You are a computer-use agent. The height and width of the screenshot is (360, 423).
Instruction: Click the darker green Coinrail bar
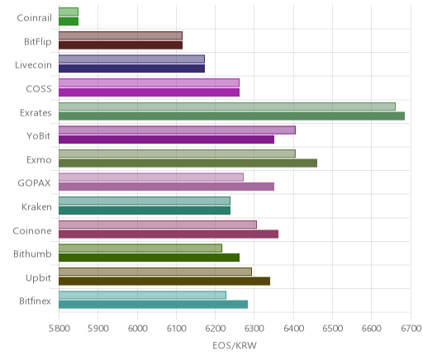pyautogui.click(x=69, y=21)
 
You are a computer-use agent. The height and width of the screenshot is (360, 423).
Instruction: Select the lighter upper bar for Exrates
pyautogui.click(x=227, y=107)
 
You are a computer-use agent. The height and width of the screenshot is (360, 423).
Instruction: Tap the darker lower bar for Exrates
pyautogui.click(x=231, y=116)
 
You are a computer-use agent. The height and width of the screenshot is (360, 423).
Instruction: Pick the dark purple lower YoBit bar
pyautogui.click(x=166, y=140)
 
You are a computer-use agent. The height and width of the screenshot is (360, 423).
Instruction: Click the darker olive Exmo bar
pyautogui.click(x=188, y=163)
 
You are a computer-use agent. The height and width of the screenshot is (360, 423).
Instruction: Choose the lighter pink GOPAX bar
pyautogui.click(x=151, y=178)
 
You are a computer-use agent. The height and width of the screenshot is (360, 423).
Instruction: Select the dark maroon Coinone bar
pyautogui.click(x=169, y=234)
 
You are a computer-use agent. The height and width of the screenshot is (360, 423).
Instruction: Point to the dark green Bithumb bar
pyautogui.click(x=149, y=258)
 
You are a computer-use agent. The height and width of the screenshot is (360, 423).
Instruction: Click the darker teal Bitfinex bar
pyautogui.click(x=153, y=305)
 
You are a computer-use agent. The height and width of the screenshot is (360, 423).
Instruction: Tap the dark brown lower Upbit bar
pyautogui.click(x=164, y=282)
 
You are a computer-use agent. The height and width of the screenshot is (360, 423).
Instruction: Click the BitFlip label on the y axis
pyautogui.click(x=38, y=42)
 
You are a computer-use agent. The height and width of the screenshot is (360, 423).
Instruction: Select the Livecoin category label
pyautogui.click(x=33, y=65)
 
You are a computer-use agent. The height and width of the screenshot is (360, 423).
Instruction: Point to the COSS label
pyautogui.click(x=39, y=89)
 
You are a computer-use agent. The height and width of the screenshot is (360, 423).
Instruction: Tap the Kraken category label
pyautogui.click(x=36, y=206)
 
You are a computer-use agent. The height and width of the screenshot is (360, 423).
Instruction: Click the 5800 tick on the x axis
pyautogui.click(x=59, y=329)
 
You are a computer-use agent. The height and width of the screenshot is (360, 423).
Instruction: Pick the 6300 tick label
pyautogui.click(x=254, y=329)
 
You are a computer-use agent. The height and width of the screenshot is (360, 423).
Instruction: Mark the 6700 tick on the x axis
pyautogui.click(x=411, y=329)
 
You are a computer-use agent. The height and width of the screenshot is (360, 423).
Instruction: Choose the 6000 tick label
pyautogui.click(x=137, y=329)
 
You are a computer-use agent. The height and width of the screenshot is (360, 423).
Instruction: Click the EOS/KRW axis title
pyautogui.click(x=235, y=345)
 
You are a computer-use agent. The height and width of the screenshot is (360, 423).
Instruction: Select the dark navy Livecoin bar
pyautogui.click(x=131, y=69)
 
